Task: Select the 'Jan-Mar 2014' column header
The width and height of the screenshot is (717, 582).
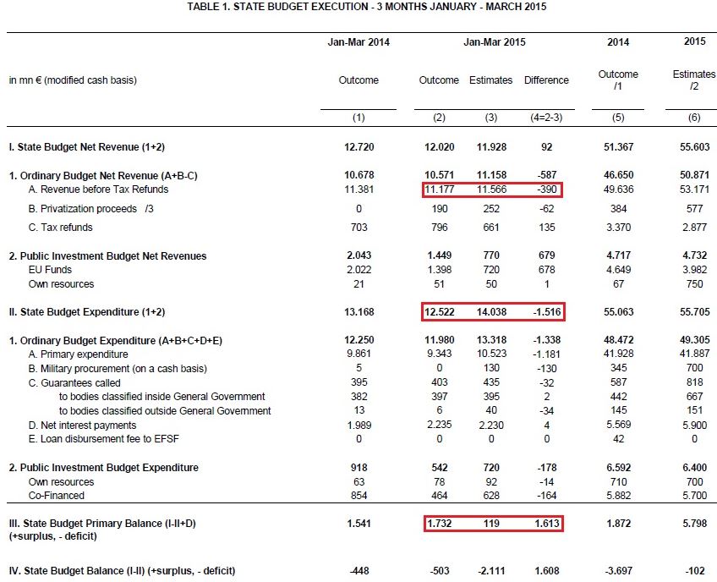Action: coord(358,41)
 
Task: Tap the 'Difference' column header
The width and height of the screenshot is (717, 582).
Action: coord(546,80)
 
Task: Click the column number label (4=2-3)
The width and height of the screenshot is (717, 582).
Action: coord(546,118)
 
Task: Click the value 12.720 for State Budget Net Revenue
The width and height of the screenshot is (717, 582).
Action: coord(358,146)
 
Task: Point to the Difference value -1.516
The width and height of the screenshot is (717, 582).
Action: coord(545,312)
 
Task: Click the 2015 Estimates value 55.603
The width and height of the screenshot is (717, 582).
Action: coord(693,146)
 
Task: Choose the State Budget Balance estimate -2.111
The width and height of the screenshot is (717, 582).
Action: coord(491,571)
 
